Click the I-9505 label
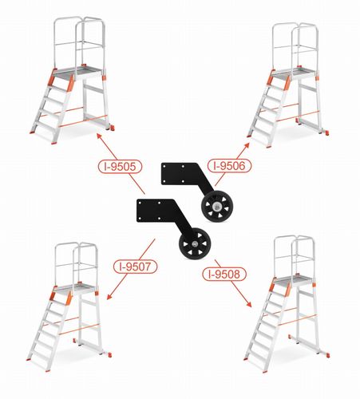point(120,167)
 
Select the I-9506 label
point(229,166)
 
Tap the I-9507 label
point(135,267)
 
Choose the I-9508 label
point(224,274)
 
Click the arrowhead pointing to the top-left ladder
point(99,136)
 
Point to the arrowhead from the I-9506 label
point(247,145)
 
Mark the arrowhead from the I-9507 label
point(109,297)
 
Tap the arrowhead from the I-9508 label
point(249,305)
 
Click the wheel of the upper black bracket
point(217,206)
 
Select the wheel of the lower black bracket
point(195,243)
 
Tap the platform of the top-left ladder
point(77,71)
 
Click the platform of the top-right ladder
point(293,72)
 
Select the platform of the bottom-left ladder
point(74,288)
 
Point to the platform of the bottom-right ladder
point(293,280)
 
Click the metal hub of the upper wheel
point(217,206)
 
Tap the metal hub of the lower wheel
point(195,243)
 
